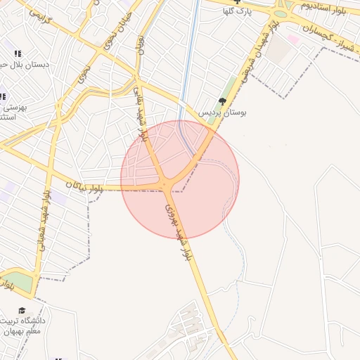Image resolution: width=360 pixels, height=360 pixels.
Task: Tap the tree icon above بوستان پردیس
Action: [x=224, y=101]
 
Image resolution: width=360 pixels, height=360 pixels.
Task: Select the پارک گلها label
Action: [x=237, y=11]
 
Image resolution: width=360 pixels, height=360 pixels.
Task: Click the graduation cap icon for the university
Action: [x=22, y=310]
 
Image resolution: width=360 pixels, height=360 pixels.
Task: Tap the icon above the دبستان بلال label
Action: [x=18, y=53]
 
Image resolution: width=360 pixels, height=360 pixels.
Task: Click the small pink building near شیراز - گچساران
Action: [x=292, y=39]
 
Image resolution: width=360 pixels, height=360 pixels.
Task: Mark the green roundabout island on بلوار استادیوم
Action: [x=281, y=13]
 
